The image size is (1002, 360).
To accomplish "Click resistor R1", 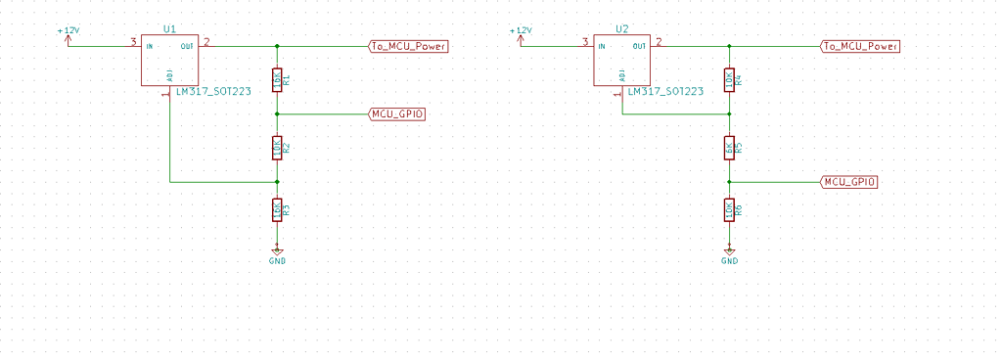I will (x=278, y=80).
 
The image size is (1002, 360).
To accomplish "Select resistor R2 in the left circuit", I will (x=278, y=148).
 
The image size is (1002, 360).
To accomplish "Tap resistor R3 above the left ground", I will (x=278, y=209).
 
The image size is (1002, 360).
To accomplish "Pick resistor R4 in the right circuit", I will (x=729, y=80).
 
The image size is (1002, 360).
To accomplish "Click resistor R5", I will (x=729, y=148).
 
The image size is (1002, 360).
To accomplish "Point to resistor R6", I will (x=729, y=209).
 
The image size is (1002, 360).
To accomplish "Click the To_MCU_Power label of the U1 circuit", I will (x=407, y=46).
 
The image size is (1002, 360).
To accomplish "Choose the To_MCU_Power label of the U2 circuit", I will (x=859, y=46).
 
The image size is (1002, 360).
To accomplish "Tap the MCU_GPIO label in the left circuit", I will (x=397, y=114).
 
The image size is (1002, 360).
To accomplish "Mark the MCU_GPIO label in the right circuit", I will (x=848, y=182).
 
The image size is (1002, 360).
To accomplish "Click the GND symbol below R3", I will (x=278, y=253).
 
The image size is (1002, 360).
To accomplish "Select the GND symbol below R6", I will (x=729, y=253).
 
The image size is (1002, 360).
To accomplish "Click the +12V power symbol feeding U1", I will (x=68, y=36).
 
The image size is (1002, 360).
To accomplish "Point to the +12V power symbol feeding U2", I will (x=520, y=36).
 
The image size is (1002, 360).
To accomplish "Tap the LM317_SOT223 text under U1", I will (x=213, y=91).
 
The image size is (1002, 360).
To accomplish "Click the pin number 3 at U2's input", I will (x=584, y=41).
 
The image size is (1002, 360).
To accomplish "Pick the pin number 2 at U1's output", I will (x=206, y=41).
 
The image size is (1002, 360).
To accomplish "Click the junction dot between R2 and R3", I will (x=278, y=182).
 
